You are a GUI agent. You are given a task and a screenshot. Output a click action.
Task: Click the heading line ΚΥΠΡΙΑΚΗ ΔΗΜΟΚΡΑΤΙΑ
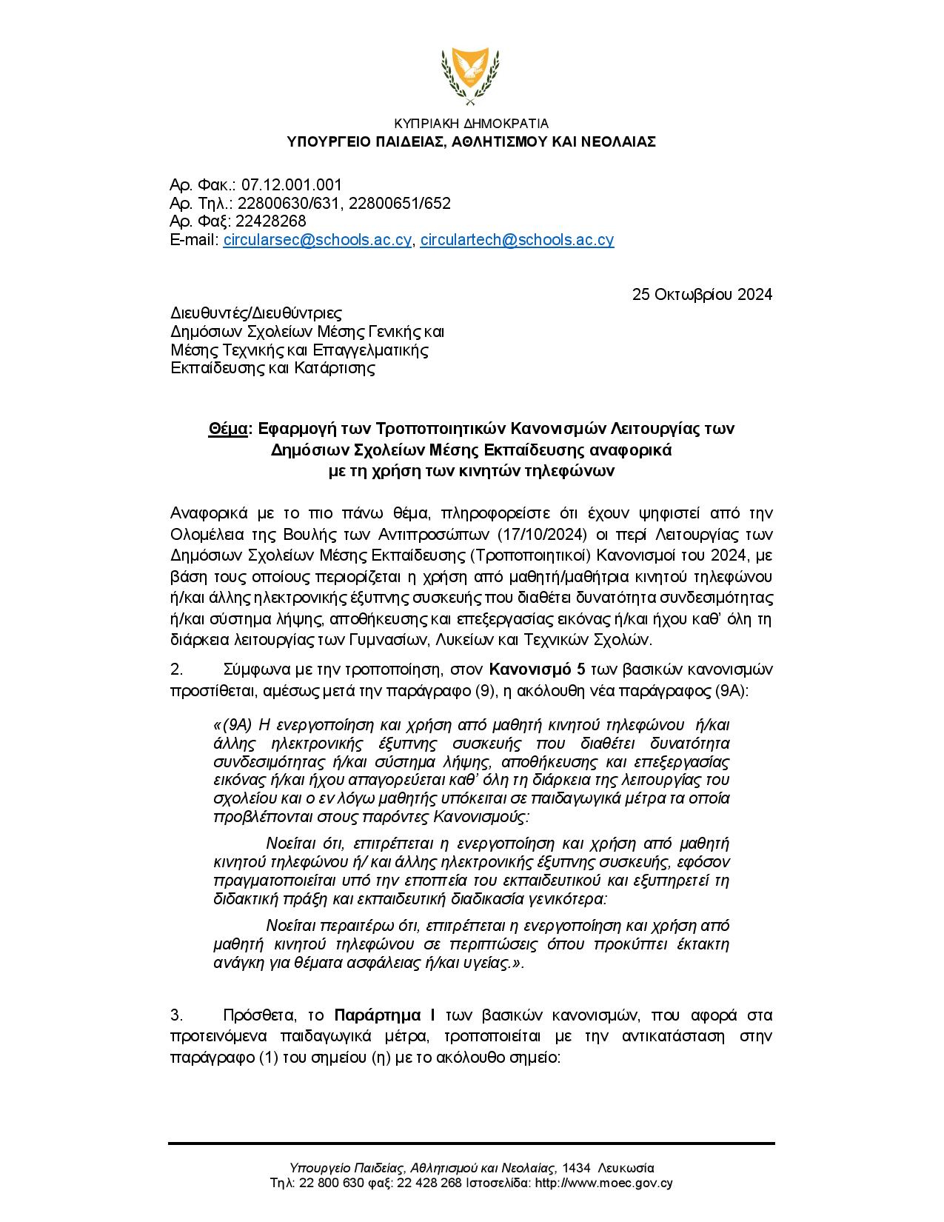(472, 124)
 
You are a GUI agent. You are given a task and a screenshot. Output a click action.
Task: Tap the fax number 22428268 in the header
(269, 221)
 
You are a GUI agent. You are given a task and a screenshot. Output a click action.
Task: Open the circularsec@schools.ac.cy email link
(317, 240)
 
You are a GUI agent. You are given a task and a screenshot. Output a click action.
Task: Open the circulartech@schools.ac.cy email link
(517, 240)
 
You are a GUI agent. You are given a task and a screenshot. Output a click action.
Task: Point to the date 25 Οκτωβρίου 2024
(702, 295)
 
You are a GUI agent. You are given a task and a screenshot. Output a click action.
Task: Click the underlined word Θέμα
(227, 429)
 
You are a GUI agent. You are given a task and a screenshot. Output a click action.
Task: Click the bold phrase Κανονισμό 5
(538, 670)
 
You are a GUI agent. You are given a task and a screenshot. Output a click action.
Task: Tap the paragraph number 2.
(176, 670)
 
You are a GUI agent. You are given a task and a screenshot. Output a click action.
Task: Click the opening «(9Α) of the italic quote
(232, 724)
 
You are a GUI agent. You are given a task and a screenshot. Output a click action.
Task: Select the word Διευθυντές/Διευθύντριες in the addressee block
(256, 313)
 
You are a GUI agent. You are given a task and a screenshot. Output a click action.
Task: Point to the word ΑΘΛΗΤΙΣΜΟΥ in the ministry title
(501, 141)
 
